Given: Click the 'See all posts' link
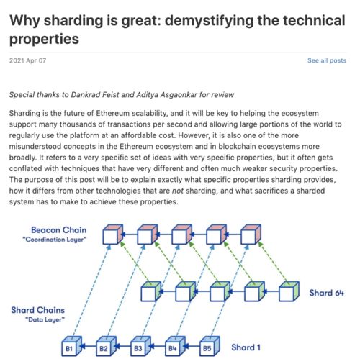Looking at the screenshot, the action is tap(327, 60).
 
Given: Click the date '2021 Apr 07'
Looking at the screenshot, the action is tap(27, 60).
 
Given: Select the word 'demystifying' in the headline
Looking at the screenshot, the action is tap(209, 20).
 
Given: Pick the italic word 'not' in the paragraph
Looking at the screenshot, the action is tap(178, 191).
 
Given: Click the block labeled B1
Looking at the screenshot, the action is tap(71, 346).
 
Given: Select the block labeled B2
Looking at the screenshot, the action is tap(106, 346).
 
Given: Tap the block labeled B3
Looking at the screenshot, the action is tap(140, 346).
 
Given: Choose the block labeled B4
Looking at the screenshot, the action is tap(175, 346).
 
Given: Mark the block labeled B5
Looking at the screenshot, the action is tap(210, 346).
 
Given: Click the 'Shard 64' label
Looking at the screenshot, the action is tap(326, 293).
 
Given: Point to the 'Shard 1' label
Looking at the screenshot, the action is tap(246, 347).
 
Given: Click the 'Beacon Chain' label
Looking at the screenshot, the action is tap(59, 230).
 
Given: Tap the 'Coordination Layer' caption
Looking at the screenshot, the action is tap(55, 240).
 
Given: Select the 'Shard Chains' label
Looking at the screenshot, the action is tap(37, 310).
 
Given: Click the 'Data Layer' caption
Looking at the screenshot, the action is tap(45, 319).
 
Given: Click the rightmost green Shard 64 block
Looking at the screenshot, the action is tap(289, 291).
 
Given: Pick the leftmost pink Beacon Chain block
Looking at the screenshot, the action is tap(113, 235).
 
